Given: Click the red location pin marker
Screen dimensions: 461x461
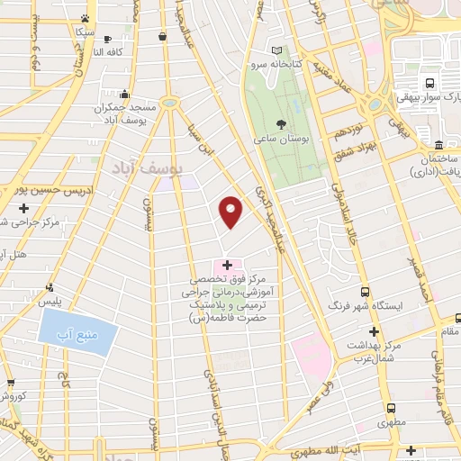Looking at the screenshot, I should (x=231, y=211).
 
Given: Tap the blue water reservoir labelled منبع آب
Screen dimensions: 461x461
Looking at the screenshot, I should (x=79, y=333).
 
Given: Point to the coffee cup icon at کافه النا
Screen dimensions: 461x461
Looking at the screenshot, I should (x=107, y=39).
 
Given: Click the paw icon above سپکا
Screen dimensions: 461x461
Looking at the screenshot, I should (x=84, y=17).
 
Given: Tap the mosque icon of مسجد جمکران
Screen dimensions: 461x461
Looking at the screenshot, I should (x=123, y=94).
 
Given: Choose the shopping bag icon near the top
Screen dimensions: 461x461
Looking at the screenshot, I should (x=162, y=37).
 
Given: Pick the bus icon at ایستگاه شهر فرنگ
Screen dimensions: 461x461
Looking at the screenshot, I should (x=365, y=292).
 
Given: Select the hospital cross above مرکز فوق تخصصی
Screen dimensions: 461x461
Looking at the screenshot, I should (x=226, y=266).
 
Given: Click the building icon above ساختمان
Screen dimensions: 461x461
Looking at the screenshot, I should (x=438, y=146).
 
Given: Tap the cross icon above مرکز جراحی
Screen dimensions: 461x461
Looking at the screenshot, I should (x=23, y=210).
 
